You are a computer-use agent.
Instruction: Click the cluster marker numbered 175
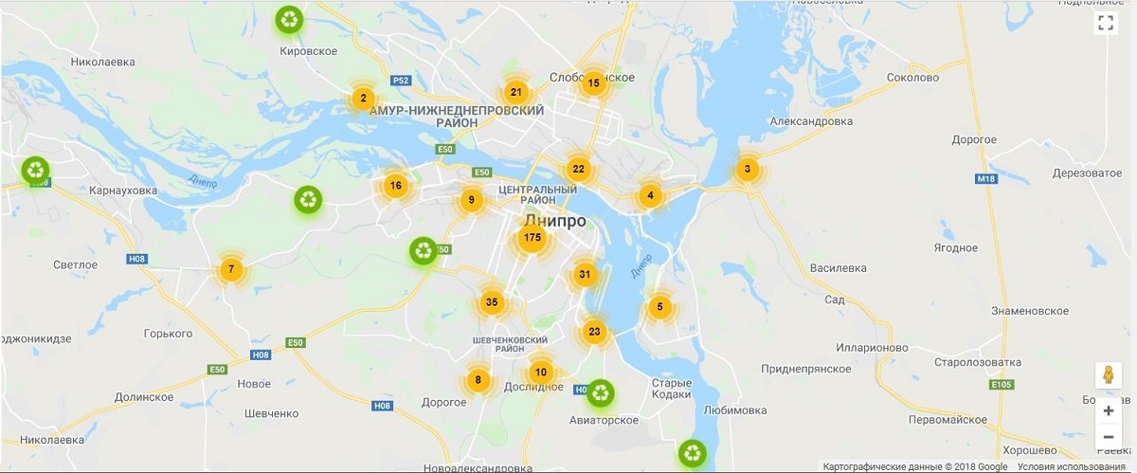(x=532, y=238)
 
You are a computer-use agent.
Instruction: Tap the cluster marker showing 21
(x=515, y=93)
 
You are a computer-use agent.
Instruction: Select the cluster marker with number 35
(x=491, y=303)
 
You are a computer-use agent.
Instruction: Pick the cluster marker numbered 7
(x=230, y=269)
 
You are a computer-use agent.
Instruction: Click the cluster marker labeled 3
(x=748, y=171)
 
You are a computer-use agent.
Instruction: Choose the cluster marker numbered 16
(x=395, y=186)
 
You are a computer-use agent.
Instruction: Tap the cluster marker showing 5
(x=659, y=307)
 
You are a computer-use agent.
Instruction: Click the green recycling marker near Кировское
(x=289, y=19)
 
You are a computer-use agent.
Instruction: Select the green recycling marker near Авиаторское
(x=600, y=392)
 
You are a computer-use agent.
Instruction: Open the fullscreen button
(x=1105, y=25)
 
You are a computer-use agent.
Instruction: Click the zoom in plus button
(x=1108, y=411)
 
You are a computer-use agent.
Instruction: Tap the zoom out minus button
(x=1108, y=437)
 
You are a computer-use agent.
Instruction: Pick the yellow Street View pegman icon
(x=1108, y=375)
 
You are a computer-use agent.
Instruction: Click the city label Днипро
(x=555, y=222)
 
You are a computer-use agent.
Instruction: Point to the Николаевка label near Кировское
(x=102, y=63)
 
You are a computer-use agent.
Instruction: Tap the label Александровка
(x=811, y=121)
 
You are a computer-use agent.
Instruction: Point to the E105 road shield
(x=1001, y=385)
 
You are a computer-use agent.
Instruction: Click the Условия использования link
(x=1076, y=466)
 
